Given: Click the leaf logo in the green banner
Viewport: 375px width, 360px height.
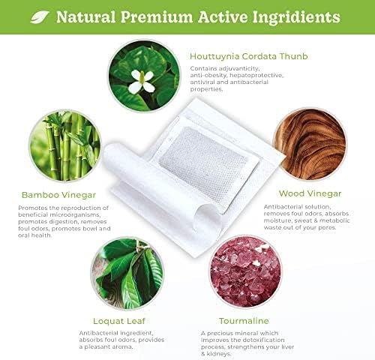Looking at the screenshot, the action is click(x=40, y=17).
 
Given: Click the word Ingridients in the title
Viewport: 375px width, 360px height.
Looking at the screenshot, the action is click(x=296, y=17).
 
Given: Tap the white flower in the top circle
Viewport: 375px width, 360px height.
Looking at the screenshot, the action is click(x=142, y=81).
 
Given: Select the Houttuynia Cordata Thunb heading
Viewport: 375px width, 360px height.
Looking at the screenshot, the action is click(x=249, y=56).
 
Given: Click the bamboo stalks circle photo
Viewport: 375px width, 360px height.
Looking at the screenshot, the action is click(x=65, y=145).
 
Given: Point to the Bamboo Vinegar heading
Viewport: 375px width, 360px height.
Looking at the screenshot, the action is click(x=58, y=195).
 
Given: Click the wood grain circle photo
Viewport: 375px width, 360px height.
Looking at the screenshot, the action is click(x=310, y=144).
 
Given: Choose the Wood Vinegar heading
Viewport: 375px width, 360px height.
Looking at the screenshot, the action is click(x=310, y=193).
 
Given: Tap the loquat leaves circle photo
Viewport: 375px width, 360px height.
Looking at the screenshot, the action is click(x=127, y=274).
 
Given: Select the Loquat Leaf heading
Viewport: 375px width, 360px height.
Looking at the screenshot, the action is click(x=119, y=321).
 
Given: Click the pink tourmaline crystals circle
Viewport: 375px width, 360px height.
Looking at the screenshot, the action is click(x=246, y=271).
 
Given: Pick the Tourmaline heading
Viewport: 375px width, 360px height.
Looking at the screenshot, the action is click(x=244, y=321).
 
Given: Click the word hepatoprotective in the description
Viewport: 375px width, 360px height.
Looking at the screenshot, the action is click(x=256, y=75).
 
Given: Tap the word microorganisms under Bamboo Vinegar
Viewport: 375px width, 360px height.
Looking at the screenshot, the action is click(x=75, y=214).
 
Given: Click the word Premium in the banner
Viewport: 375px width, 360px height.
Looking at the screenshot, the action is click(x=157, y=17).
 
